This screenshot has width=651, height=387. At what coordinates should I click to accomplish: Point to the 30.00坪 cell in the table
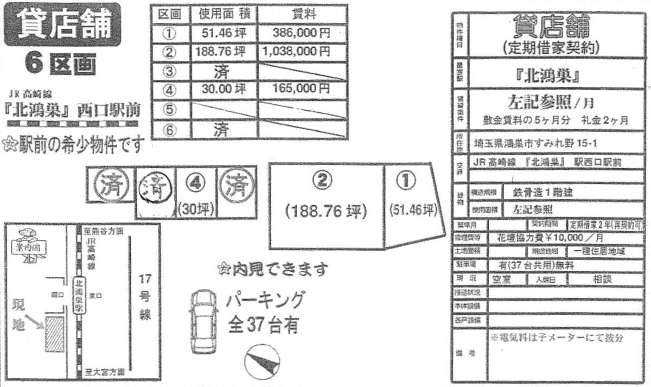click(x=224, y=88)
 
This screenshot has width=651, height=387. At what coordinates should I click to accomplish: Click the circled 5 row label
click(x=169, y=110)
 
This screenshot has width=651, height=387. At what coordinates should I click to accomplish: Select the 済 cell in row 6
click(x=224, y=129)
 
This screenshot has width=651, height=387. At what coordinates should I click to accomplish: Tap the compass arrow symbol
click(x=262, y=363)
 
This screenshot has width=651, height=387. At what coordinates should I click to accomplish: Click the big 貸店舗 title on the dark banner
click(x=62, y=24)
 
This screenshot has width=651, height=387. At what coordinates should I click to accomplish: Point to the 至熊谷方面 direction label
click(x=104, y=231)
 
